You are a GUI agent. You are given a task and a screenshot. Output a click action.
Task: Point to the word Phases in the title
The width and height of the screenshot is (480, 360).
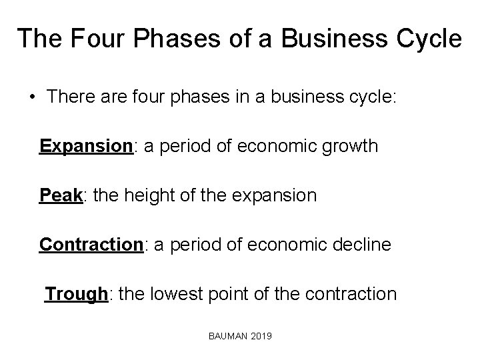[x=171, y=38]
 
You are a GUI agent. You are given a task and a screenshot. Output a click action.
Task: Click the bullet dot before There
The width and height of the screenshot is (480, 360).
[x=32, y=97]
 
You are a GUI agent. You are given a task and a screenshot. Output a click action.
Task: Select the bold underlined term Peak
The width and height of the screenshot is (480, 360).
[x=61, y=196]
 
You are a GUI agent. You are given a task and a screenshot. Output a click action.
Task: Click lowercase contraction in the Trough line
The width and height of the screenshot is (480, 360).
[x=357, y=294]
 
